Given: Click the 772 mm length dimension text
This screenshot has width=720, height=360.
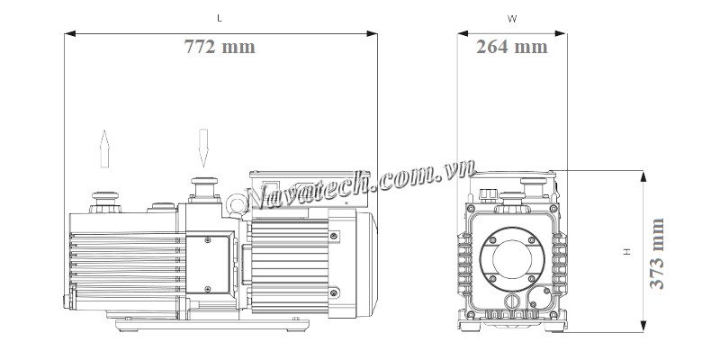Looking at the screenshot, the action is point(220,47).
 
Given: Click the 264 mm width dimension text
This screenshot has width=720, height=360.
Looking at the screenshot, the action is point(511,47).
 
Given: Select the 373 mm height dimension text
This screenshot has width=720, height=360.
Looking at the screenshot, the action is point(657,254).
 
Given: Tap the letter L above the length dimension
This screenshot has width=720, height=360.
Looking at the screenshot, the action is point(220,18).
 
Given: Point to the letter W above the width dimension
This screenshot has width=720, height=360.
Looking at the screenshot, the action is point(512,19).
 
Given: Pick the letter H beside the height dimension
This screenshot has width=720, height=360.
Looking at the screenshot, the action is point(626,252).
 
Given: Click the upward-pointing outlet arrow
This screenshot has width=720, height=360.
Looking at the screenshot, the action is point(104,148).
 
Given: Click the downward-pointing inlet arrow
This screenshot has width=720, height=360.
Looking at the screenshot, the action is point(203,148).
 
